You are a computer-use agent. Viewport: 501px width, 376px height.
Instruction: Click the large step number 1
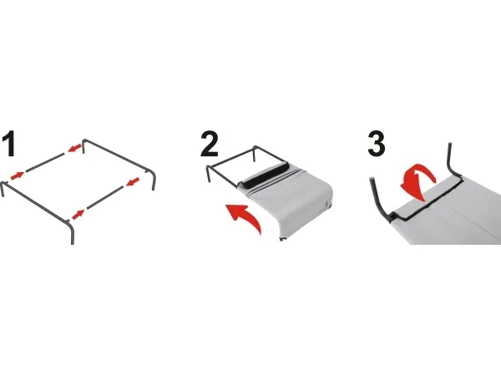coord(9,145)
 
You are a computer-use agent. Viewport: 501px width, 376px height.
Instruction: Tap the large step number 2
coord(210,145)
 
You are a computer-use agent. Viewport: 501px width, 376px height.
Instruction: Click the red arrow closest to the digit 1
coord(18,175)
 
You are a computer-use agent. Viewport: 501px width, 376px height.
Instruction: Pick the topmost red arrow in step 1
coord(74,148)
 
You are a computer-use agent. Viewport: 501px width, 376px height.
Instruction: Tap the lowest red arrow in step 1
coord(78,214)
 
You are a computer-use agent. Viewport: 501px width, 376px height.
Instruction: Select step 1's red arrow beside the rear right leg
coord(134,181)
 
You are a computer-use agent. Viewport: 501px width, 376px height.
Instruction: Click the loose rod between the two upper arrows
coord(45,162)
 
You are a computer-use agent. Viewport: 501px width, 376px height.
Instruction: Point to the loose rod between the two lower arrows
coord(105,197)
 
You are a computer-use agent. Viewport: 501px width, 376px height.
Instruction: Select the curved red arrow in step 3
coord(417,183)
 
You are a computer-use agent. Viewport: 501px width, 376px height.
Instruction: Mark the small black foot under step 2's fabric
coord(282,239)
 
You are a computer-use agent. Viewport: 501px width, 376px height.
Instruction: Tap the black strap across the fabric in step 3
coord(428,198)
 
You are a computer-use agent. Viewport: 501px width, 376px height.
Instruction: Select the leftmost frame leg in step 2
coord(208,174)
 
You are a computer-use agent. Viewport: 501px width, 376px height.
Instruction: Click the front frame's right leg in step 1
coord(72,233)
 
